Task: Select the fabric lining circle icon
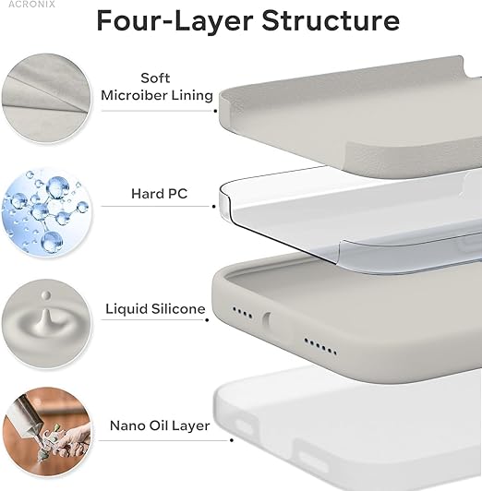tap(44, 95)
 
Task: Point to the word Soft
tap(155, 78)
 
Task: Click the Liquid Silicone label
tap(156, 309)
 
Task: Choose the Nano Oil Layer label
tap(160, 425)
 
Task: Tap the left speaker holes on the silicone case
tap(243, 311)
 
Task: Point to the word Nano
tap(127, 425)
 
